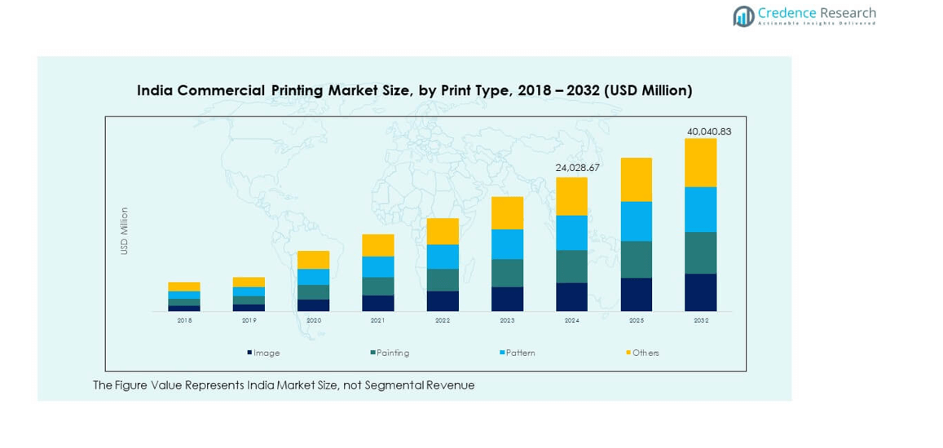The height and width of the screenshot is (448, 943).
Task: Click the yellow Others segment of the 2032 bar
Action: click(x=700, y=163)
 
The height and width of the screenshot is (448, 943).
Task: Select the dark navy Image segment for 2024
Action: click(x=571, y=296)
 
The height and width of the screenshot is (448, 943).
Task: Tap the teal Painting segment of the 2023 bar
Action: click(x=507, y=273)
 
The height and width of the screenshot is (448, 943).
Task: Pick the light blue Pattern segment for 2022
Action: click(x=443, y=257)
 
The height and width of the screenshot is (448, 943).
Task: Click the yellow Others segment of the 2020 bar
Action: click(x=313, y=260)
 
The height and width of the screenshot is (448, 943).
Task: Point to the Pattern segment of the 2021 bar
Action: click(x=377, y=266)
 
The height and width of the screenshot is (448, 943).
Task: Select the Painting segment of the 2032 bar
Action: click(x=700, y=253)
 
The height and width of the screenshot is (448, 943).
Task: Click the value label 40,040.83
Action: click(x=708, y=131)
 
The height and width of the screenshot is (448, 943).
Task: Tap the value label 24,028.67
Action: click(x=577, y=168)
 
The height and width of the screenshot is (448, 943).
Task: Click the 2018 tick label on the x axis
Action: click(x=184, y=321)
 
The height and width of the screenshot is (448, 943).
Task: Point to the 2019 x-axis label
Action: click(x=249, y=321)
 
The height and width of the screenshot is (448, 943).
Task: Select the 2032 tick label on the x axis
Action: click(x=700, y=321)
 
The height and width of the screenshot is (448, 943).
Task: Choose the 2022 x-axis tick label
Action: click(x=443, y=321)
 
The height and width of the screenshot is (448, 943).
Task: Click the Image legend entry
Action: click(x=266, y=353)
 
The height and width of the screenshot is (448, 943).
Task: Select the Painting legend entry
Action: click(x=392, y=353)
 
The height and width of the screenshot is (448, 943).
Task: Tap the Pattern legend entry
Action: click(x=520, y=353)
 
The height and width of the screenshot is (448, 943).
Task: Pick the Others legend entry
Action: click(x=645, y=353)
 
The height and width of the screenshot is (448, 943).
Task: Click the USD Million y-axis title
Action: click(x=125, y=231)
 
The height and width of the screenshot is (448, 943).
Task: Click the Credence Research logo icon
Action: click(x=743, y=15)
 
